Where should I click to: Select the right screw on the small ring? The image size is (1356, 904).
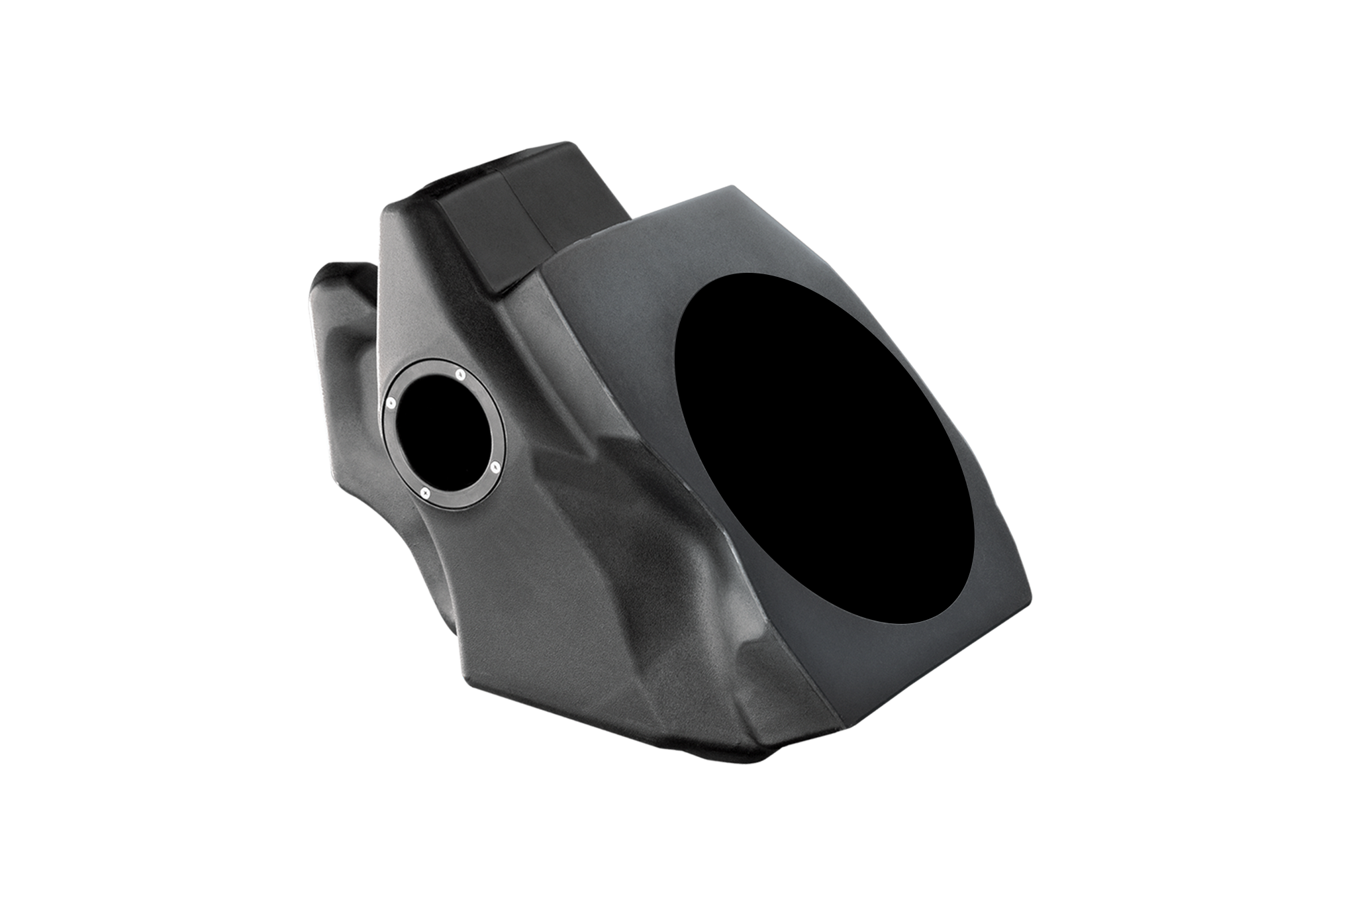(494, 466)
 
